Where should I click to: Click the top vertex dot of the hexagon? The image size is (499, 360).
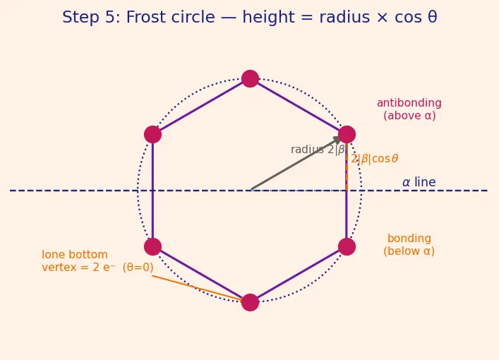(x=250, y=78)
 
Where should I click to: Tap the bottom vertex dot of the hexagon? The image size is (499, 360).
(x=250, y=302)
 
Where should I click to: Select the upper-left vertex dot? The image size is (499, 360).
(x=152, y=134)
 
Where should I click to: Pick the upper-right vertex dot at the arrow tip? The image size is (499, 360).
(x=347, y=134)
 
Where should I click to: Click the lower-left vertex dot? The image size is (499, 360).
(x=152, y=246)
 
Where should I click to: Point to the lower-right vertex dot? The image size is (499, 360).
(x=347, y=246)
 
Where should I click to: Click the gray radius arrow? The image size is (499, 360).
(x=296, y=163)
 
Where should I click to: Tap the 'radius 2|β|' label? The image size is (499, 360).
(x=318, y=150)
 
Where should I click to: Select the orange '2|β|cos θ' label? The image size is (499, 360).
(x=375, y=159)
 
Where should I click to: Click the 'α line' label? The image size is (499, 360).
(x=419, y=182)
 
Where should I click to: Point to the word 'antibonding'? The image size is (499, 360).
(x=409, y=103)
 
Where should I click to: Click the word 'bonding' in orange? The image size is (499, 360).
(x=409, y=239)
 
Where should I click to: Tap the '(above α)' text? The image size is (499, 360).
(x=409, y=116)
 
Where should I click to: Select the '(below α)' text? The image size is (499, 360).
(x=409, y=251)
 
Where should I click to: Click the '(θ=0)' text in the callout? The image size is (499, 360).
(x=138, y=268)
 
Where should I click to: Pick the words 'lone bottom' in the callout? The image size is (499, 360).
(x=75, y=255)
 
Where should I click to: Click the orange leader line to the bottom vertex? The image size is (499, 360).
(x=198, y=288)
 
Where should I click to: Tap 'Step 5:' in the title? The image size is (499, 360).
(x=92, y=17)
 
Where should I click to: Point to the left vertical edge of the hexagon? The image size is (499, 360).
(x=152, y=191)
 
